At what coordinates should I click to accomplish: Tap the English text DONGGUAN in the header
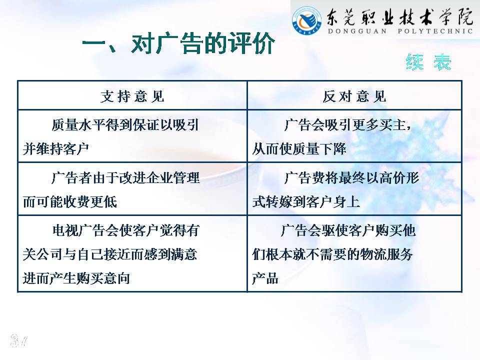pos(357,31)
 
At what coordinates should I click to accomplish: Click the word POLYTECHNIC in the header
pos(435,31)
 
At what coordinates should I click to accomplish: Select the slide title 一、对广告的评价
pos(178,43)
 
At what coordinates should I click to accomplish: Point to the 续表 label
pos(428,62)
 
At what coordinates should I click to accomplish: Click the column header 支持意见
pos(132,96)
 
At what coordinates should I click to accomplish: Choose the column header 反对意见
pos(354,96)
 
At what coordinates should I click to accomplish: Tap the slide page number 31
pos(19,340)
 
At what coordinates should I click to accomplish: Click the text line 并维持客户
pos(55,149)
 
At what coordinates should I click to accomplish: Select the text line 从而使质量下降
pos(299,149)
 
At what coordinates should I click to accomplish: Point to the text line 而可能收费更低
pos(70,202)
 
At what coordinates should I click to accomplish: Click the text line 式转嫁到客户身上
pos(306,202)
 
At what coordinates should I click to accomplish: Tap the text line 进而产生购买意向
pos(76,278)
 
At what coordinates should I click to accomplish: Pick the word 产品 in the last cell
pos(265,278)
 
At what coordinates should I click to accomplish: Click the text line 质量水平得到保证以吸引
pos(125,125)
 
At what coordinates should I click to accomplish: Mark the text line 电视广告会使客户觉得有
pos(126,230)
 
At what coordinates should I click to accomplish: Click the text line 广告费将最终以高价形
pos(351,178)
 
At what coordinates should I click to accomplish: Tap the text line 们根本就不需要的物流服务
pos(332,254)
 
